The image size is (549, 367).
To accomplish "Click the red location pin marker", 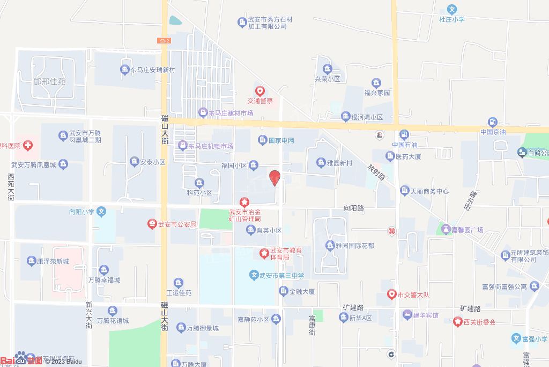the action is (274, 177).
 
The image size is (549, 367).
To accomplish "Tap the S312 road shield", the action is (165, 41).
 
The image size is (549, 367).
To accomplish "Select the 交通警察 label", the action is (260, 100).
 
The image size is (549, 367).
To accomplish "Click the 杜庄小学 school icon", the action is (452, 9).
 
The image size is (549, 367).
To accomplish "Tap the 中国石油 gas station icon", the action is (403, 134).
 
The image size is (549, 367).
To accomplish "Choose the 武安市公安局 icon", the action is (152, 224).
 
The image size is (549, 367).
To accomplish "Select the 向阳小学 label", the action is (82, 212).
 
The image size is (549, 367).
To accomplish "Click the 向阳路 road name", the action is (354, 207).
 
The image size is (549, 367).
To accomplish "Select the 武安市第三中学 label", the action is (281, 276).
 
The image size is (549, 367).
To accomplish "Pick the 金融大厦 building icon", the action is (283, 291).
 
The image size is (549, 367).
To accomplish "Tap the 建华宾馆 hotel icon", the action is (407, 314).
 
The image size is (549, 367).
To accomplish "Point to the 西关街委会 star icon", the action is (457, 322).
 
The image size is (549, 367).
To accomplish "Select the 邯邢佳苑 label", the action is (49, 82).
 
